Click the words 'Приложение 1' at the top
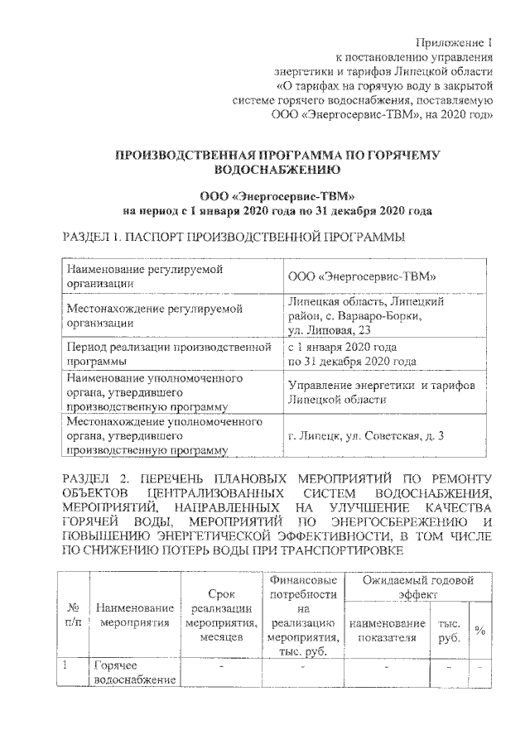tap(454, 42)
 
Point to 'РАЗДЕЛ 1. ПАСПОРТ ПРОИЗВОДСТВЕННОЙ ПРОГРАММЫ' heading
tap(234, 238)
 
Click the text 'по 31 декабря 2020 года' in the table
tap(351, 361)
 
